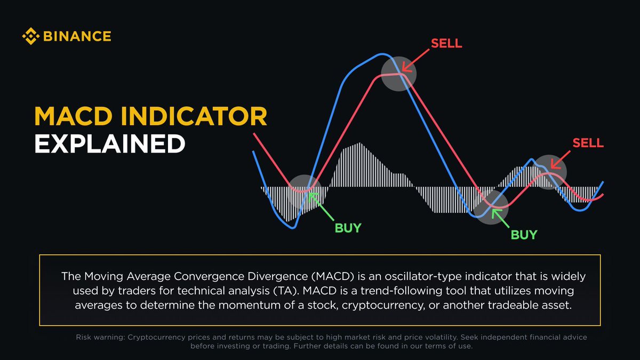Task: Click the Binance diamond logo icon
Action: pos(30,37)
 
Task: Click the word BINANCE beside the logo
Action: pos(76,37)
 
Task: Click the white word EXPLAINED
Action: pos(109,144)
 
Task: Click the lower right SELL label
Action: pos(588,143)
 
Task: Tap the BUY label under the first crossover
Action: pos(348,228)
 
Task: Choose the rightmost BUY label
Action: pos(524,235)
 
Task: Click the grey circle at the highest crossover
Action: pos(398,73)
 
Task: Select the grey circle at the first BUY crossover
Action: pos(305,191)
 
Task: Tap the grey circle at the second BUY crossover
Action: pos(491,206)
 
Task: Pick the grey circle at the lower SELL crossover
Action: pos(549,171)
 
